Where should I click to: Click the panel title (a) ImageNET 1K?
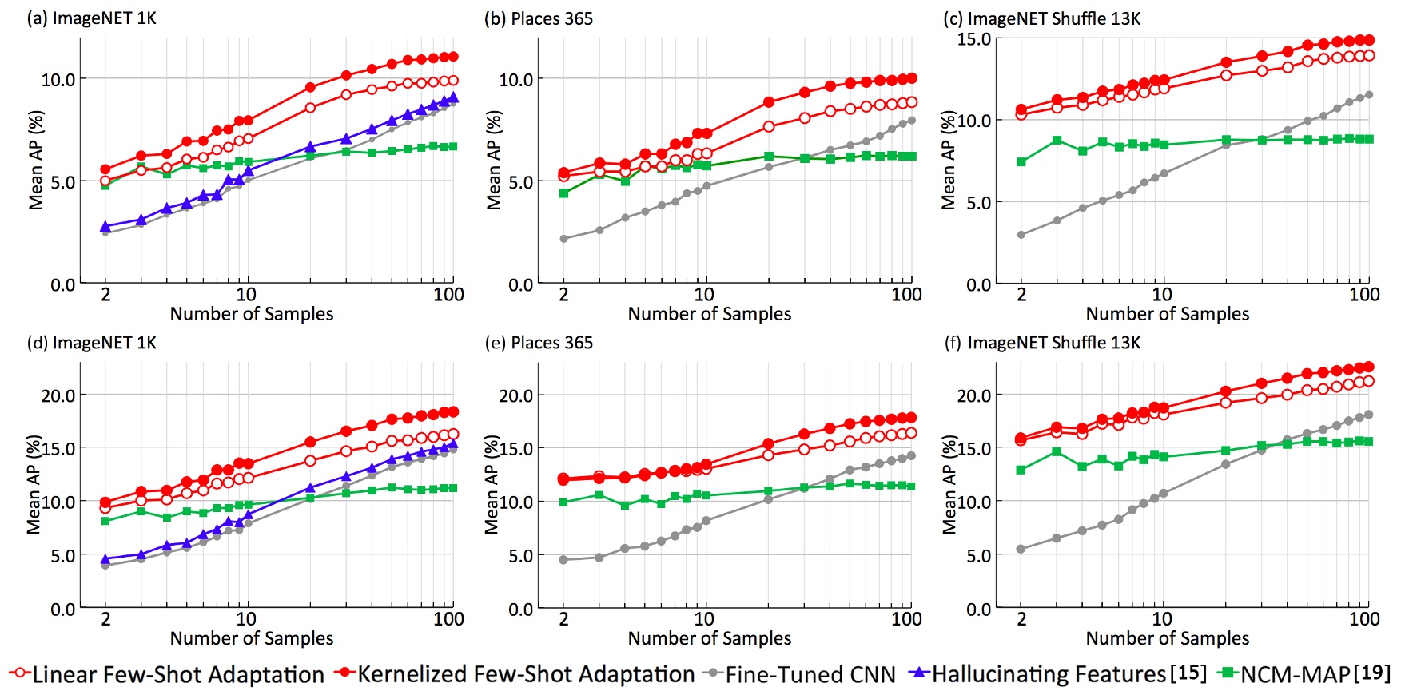91,18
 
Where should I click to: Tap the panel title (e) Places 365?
539,343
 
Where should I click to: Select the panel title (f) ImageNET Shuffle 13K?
1042,343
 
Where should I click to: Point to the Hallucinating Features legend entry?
1048,674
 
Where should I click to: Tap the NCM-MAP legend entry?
1295,674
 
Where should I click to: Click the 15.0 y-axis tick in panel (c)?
973,39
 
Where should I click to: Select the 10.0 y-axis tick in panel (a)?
58,80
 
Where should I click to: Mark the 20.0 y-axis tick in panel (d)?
58,395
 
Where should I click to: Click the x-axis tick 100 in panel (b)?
905,295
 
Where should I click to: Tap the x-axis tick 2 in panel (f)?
1021,619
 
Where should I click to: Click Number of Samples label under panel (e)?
709,638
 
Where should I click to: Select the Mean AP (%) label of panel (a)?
36,160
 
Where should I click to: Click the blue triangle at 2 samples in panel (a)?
105,227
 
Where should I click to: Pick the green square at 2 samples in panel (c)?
1021,162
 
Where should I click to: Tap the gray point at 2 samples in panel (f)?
1021,549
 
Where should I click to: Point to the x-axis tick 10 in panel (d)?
246,619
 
